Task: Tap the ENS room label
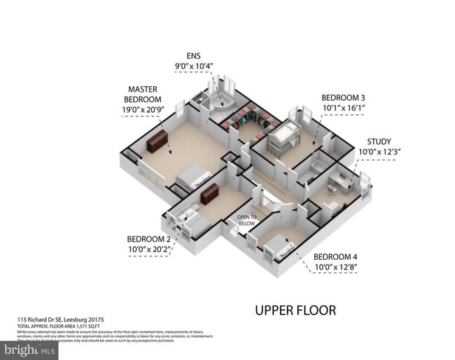pyautogui.click(x=193, y=55)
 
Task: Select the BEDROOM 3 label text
pyautogui.click(x=343, y=98)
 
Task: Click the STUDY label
pyautogui.click(x=379, y=141)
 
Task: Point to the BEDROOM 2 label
pyautogui.click(x=149, y=237)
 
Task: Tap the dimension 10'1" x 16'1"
pyautogui.click(x=343, y=109)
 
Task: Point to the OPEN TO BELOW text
pyautogui.click(x=246, y=220)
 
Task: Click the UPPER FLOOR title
pyautogui.click(x=295, y=310)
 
